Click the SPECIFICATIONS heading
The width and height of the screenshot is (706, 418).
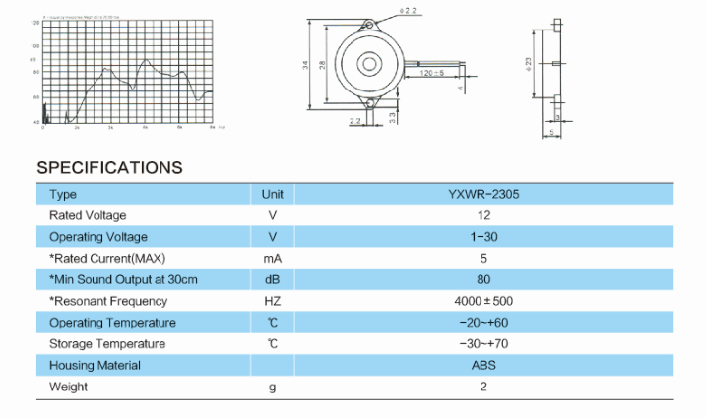109,167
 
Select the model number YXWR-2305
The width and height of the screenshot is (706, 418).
483,195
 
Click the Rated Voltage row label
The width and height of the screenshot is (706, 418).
88,215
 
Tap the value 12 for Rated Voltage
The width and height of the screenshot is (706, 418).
483,215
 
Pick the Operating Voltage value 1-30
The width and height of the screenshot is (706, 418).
483,237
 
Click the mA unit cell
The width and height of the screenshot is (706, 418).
272,259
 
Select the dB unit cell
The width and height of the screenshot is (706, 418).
272,280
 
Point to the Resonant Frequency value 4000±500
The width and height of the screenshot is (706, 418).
483,301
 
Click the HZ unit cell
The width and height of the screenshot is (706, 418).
272,301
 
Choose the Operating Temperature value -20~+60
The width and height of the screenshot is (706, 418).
483,323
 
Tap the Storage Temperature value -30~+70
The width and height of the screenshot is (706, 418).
483,344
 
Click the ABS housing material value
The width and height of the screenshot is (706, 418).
483,366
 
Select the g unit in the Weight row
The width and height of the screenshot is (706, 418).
272,388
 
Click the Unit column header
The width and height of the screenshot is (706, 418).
272,195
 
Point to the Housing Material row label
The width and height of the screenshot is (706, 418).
95,366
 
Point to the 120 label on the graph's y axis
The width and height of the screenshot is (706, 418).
35,22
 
